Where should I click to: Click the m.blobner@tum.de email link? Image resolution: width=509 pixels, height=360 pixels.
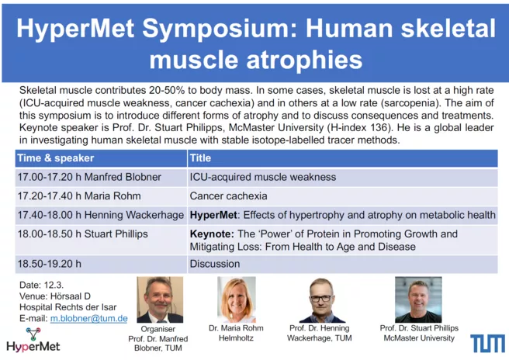click(x=88, y=318)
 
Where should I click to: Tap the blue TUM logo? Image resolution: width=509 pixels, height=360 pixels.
click(x=487, y=344)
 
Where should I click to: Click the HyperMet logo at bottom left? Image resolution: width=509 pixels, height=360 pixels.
click(x=33, y=340)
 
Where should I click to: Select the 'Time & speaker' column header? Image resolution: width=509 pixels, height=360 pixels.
click(x=56, y=158)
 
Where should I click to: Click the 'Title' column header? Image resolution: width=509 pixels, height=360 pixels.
click(x=200, y=158)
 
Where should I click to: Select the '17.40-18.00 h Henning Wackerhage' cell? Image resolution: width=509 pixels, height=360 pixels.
click(x=101, y=215)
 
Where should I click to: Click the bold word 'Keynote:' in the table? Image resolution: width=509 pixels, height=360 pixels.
click(x=212, y=234)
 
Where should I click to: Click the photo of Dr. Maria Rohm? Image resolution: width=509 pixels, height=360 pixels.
click(x=237, y=299)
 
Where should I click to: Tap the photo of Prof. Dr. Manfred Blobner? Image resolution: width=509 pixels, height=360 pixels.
click(x=160, y=299)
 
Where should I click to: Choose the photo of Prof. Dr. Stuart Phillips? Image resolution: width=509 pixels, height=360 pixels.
click(x=418, y=299)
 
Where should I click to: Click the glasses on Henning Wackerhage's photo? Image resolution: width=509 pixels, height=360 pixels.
click(x=321, y=298)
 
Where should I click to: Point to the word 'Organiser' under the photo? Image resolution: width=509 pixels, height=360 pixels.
click(x=158, y=329)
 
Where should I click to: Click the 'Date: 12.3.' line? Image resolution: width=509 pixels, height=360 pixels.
click(x=42, y=285)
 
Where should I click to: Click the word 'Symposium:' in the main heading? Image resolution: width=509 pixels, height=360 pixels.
click(x=220, y=29)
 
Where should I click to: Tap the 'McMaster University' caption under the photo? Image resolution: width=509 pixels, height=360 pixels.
click(x=419, y=338)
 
